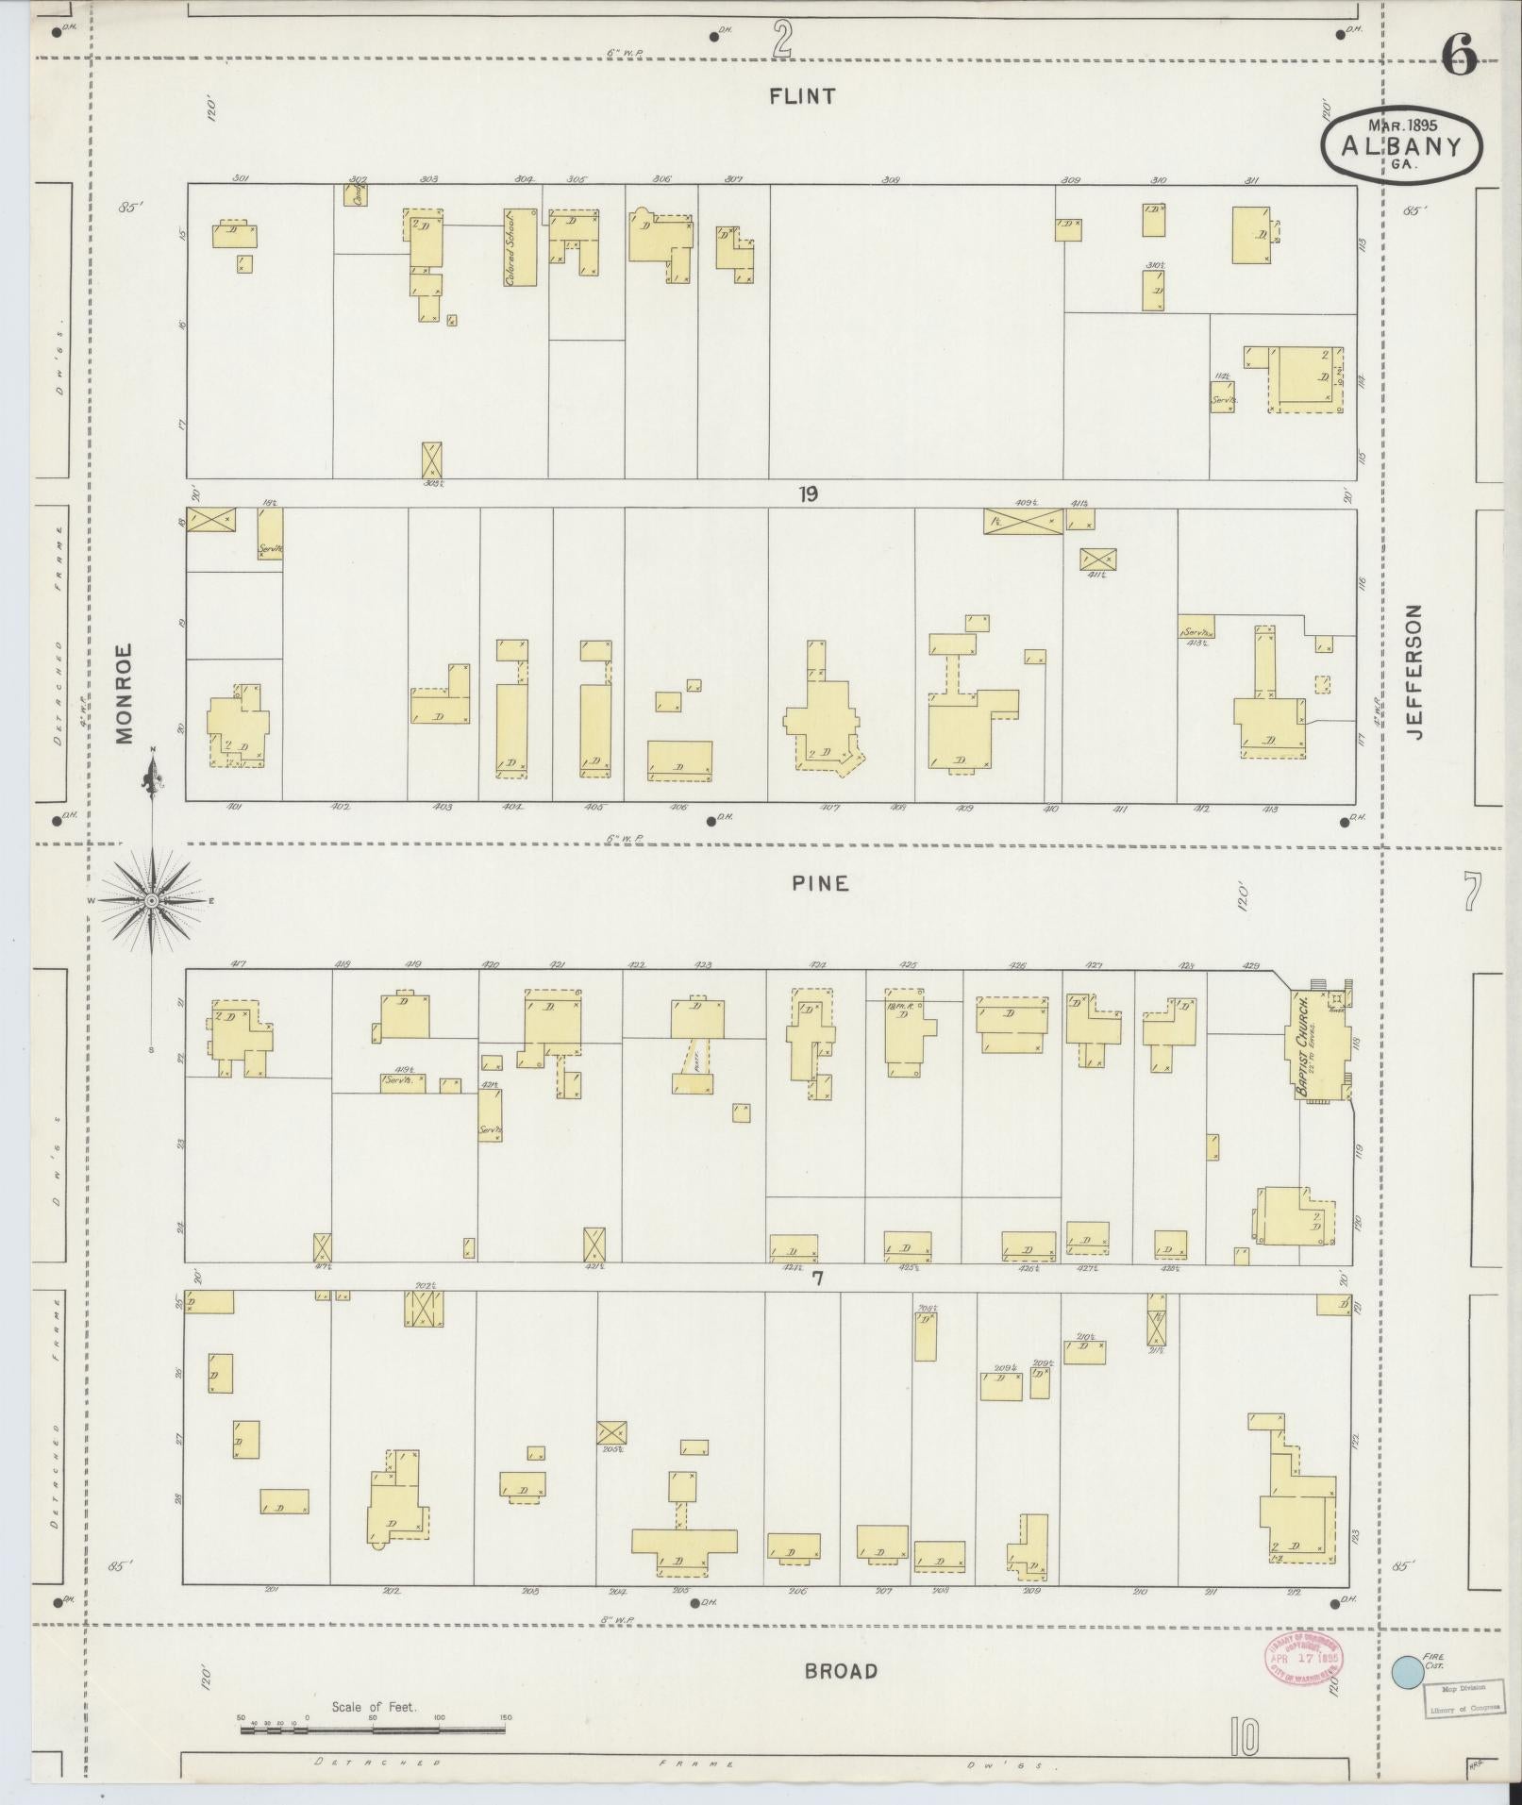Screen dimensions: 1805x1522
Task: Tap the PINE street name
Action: pos(820,883)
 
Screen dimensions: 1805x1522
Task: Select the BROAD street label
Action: pos(841,1671)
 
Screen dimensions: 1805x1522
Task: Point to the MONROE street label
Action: pos(125,695)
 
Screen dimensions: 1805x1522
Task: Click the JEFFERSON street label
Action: pos(1413,671)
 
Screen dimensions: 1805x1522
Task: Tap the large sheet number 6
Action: pos(1459,58)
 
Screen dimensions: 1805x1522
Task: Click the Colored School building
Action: pos(519,246)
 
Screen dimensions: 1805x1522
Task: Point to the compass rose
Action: pos(151,901)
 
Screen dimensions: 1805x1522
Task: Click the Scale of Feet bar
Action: pos(373,1730)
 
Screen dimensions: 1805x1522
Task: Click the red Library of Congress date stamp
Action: pos(1304,1660)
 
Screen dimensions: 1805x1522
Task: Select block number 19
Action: pos(808,493)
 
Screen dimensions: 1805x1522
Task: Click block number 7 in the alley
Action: pos(817,1278)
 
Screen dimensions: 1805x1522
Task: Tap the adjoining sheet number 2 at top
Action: pos(781,39)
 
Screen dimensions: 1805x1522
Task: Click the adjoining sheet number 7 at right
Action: pos(1472,893)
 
